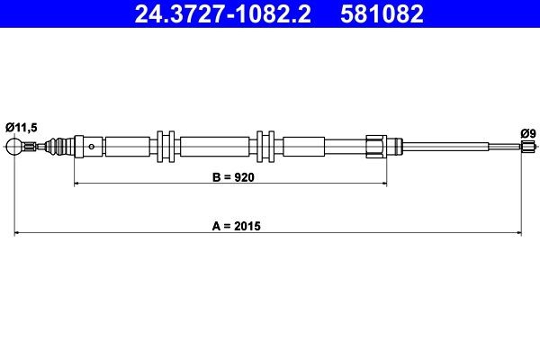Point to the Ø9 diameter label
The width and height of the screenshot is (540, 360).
528,133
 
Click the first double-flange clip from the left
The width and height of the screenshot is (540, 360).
164,145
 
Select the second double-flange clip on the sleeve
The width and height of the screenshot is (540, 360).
265,145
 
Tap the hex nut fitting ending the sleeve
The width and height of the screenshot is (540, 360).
377,145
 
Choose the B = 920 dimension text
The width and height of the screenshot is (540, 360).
230,177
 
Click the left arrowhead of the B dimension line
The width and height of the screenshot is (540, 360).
76,184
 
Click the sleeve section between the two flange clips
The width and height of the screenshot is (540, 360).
214,145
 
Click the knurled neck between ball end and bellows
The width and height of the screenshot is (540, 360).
31,146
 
